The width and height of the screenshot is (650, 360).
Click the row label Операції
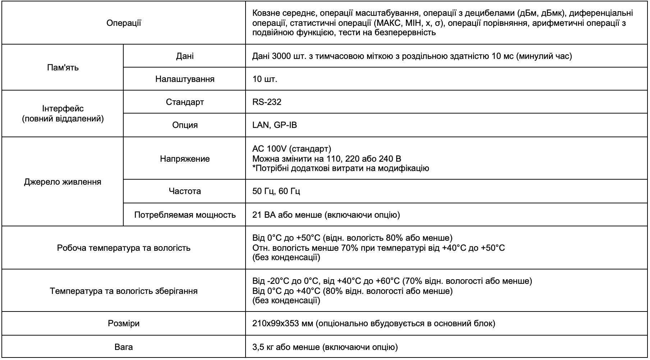coord(124,23)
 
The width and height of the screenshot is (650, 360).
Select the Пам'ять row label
coord(63,68)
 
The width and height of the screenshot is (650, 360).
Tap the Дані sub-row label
coord(185,56)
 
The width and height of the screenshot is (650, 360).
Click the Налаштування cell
coord(185,79)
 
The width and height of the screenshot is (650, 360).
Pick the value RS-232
coord(267,102)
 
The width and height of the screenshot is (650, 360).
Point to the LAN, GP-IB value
coord(275,125)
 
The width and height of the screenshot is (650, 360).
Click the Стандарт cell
coord(185,102)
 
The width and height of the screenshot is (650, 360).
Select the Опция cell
coord(185,125)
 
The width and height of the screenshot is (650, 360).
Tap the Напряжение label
coord(185,159)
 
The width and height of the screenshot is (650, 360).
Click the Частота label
coord(185,191)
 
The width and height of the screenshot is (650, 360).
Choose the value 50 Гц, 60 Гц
coord(276,191)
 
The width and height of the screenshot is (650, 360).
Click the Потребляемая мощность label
coord(185,215)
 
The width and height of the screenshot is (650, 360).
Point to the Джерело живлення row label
coord(63,182)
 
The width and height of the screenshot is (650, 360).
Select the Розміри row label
coord(124,323)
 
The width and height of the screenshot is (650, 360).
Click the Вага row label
coord(124,347)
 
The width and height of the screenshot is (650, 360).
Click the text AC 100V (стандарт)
coord(292,149)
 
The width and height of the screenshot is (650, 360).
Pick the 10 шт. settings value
coord(265,79)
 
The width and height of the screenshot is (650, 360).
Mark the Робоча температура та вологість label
coord(124,248)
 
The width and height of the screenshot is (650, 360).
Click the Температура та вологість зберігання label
coord(124,291)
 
